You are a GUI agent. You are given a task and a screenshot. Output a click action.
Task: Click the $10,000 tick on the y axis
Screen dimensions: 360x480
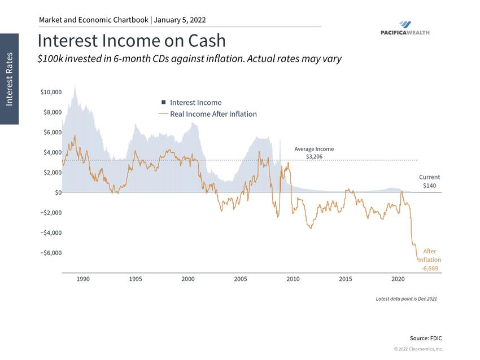50,92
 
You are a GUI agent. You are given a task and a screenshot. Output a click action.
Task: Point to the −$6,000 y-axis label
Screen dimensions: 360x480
50,253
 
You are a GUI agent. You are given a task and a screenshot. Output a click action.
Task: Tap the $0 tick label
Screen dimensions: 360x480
57,192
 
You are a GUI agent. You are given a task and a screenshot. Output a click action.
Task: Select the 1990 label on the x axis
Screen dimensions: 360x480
83,279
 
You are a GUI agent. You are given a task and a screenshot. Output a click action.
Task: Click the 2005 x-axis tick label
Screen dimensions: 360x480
241,279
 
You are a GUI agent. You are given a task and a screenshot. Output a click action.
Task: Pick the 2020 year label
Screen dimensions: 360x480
398,279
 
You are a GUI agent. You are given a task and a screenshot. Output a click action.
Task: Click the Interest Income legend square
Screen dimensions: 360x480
163,103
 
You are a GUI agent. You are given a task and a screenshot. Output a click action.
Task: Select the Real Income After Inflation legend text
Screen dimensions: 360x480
213,114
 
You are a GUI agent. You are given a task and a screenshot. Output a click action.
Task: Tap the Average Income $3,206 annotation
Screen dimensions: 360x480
314,152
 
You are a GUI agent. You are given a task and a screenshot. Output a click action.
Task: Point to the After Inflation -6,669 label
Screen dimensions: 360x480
430,260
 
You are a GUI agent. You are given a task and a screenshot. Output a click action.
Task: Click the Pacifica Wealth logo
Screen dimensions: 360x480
405,28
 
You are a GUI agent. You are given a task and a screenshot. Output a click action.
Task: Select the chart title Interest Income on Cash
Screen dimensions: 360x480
132,41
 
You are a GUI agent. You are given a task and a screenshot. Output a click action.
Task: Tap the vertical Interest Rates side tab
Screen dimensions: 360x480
10,78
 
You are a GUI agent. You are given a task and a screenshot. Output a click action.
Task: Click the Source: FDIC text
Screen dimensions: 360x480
426,337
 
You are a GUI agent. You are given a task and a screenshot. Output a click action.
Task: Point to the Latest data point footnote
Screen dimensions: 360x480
406,298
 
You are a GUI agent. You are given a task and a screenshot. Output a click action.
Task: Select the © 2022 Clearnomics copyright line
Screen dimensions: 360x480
418,349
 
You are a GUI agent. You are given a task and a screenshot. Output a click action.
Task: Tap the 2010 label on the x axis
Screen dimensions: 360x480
293,279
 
